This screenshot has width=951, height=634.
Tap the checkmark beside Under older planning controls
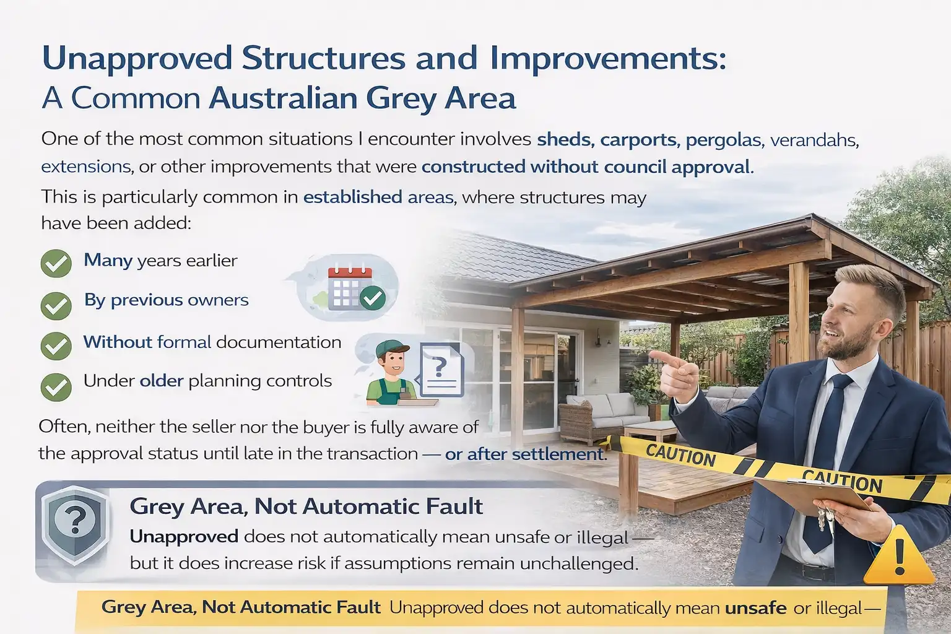click(x=56, y=386)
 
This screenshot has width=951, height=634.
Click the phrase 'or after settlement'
click(x=524, y=454)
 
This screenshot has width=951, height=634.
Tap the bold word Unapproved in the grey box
click(x=184, y=536)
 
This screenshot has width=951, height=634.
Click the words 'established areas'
click(x=379, y=198)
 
